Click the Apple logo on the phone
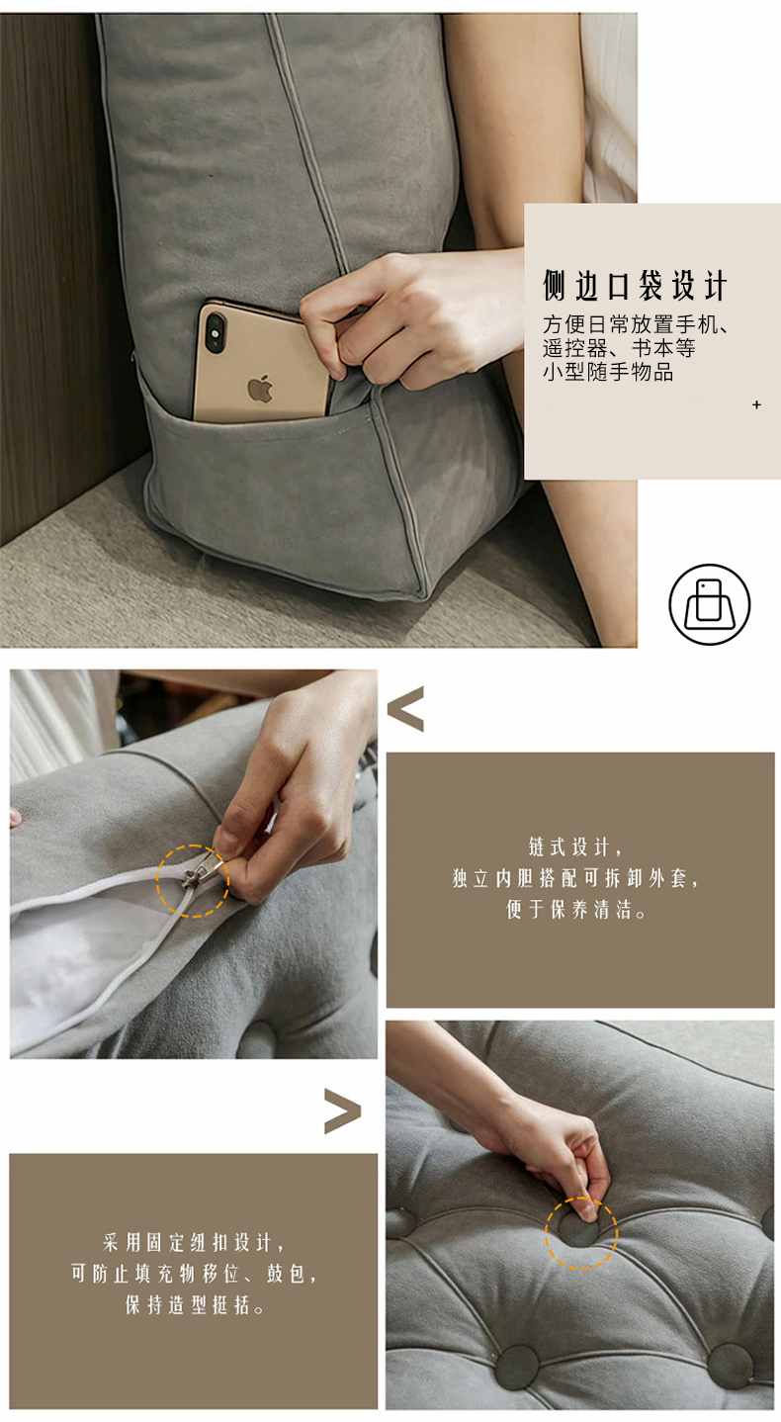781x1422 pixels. (x=260, y=389)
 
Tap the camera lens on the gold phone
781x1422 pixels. (x=216, y=332)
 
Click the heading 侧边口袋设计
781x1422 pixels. (x=635, y=286)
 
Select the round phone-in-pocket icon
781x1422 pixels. (x=709, y=604)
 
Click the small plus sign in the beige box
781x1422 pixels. (x=756, y=404)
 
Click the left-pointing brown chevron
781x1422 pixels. (x=405, y=709)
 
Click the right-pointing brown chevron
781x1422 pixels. (x=343, y=1111)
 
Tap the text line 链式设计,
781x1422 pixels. (x=575, y=846)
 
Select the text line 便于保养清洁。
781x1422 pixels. (x=575, y=910)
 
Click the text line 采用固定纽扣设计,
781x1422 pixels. (x=194, y=1242)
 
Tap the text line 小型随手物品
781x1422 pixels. (x=608, y=372)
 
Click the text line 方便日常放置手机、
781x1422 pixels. (x=635, y=324)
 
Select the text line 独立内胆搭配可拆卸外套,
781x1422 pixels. (x=575, y=878)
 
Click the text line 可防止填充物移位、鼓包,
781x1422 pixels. (x=194, y=1274)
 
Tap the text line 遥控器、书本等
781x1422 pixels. (x=619, y=348)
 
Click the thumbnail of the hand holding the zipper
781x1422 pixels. (x=194, y=864)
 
